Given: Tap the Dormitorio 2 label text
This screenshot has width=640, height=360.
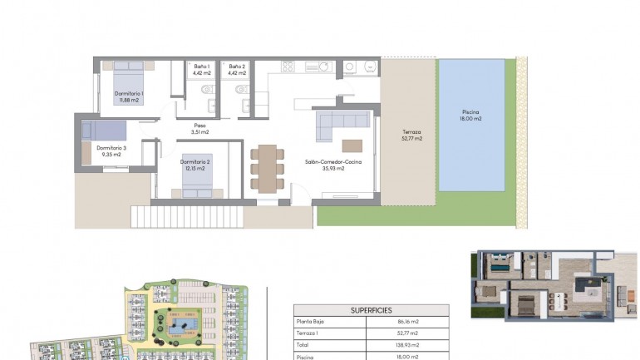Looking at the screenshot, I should pyautogui.click(x=194, y=165).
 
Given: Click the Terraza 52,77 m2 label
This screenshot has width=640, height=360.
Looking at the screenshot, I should pyautogui.click(x=411, y=136).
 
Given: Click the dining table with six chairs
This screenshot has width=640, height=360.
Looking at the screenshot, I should pyautogui.click(x=267, y=169).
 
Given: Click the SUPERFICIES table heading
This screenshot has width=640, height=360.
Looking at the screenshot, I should pyautogui.click(x=371, y=309).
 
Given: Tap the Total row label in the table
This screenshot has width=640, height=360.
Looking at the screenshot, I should pyautogui.click(x=303, y=343).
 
